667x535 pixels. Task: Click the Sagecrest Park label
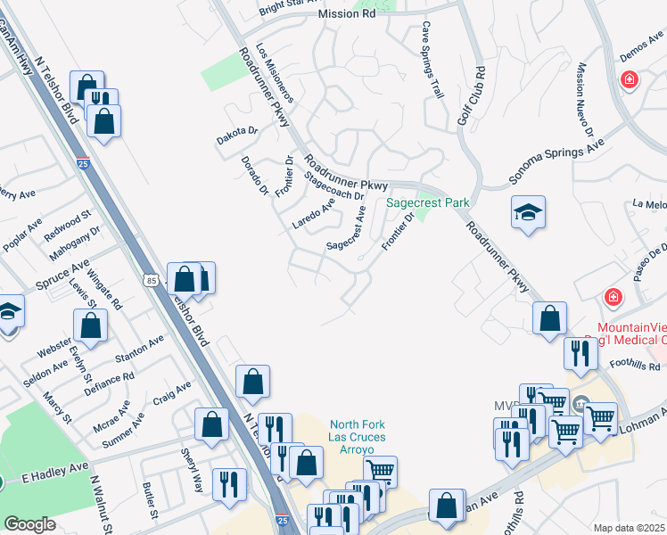pyautogui.click(x=427, y=203)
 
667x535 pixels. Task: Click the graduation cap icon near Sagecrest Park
pyautogui.click(x=528, y=212)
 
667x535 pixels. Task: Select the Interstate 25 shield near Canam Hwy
pyautogui.click(x=83, y=164)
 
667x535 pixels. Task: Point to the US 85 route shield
pyautogui.click(x=152, y=282)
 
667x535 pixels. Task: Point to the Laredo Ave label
pyautogui.click(x=314, y=214)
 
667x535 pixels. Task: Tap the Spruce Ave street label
pyautogui.click(x=62, y=277)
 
